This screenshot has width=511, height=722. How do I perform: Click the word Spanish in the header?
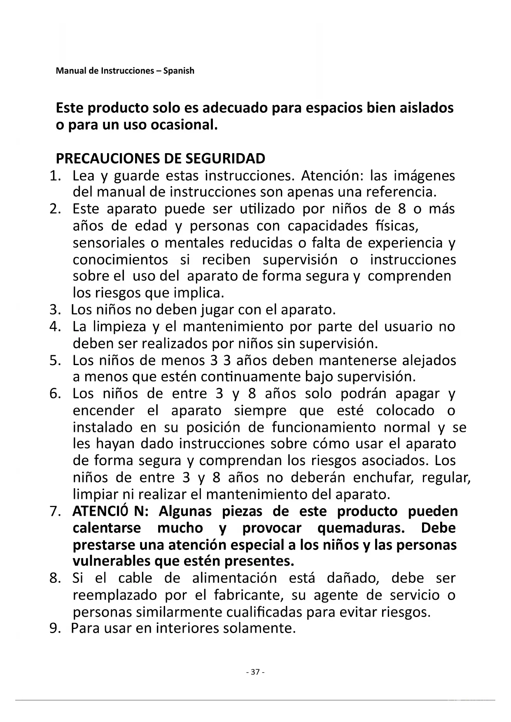click(x=179, y=71)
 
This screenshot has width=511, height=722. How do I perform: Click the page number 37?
click(x=255, y=672)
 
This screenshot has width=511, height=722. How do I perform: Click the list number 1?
click(x=54, y=176)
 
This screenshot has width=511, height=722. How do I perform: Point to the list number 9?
click(x=54, y=629)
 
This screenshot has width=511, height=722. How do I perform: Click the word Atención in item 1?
click(x=333, y=176)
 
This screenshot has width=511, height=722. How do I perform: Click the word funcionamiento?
click(x=324, y=427)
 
